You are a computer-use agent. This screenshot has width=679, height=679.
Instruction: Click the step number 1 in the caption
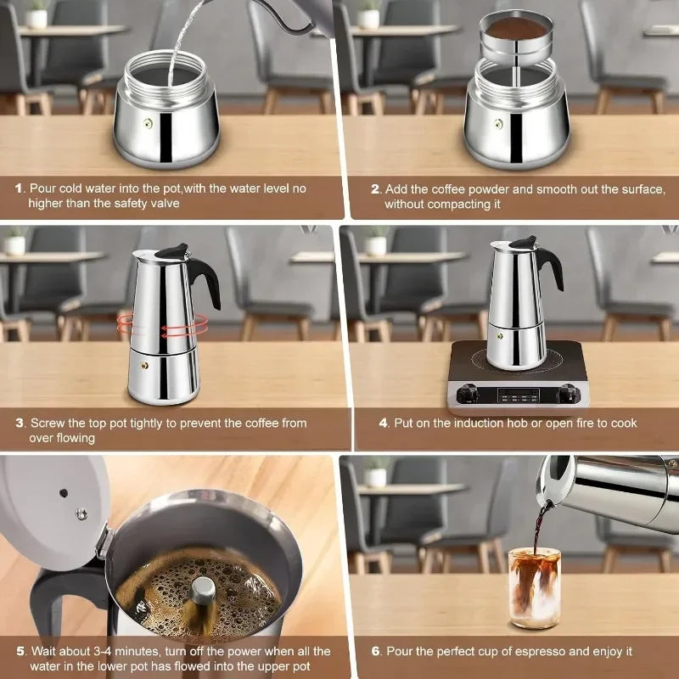19,188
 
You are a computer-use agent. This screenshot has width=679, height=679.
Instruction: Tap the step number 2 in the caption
374,188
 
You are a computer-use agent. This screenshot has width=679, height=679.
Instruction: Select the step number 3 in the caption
20,423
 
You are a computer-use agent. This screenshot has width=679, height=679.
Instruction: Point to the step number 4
384,423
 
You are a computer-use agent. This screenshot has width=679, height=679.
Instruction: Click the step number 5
20,651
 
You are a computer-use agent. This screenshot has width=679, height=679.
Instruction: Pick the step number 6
375,651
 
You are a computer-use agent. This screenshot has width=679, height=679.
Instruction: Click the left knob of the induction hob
466,393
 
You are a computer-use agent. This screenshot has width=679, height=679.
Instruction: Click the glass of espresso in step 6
534,586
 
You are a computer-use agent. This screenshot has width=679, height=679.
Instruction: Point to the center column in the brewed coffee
202,591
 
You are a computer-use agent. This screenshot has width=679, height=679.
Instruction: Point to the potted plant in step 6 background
375,472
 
